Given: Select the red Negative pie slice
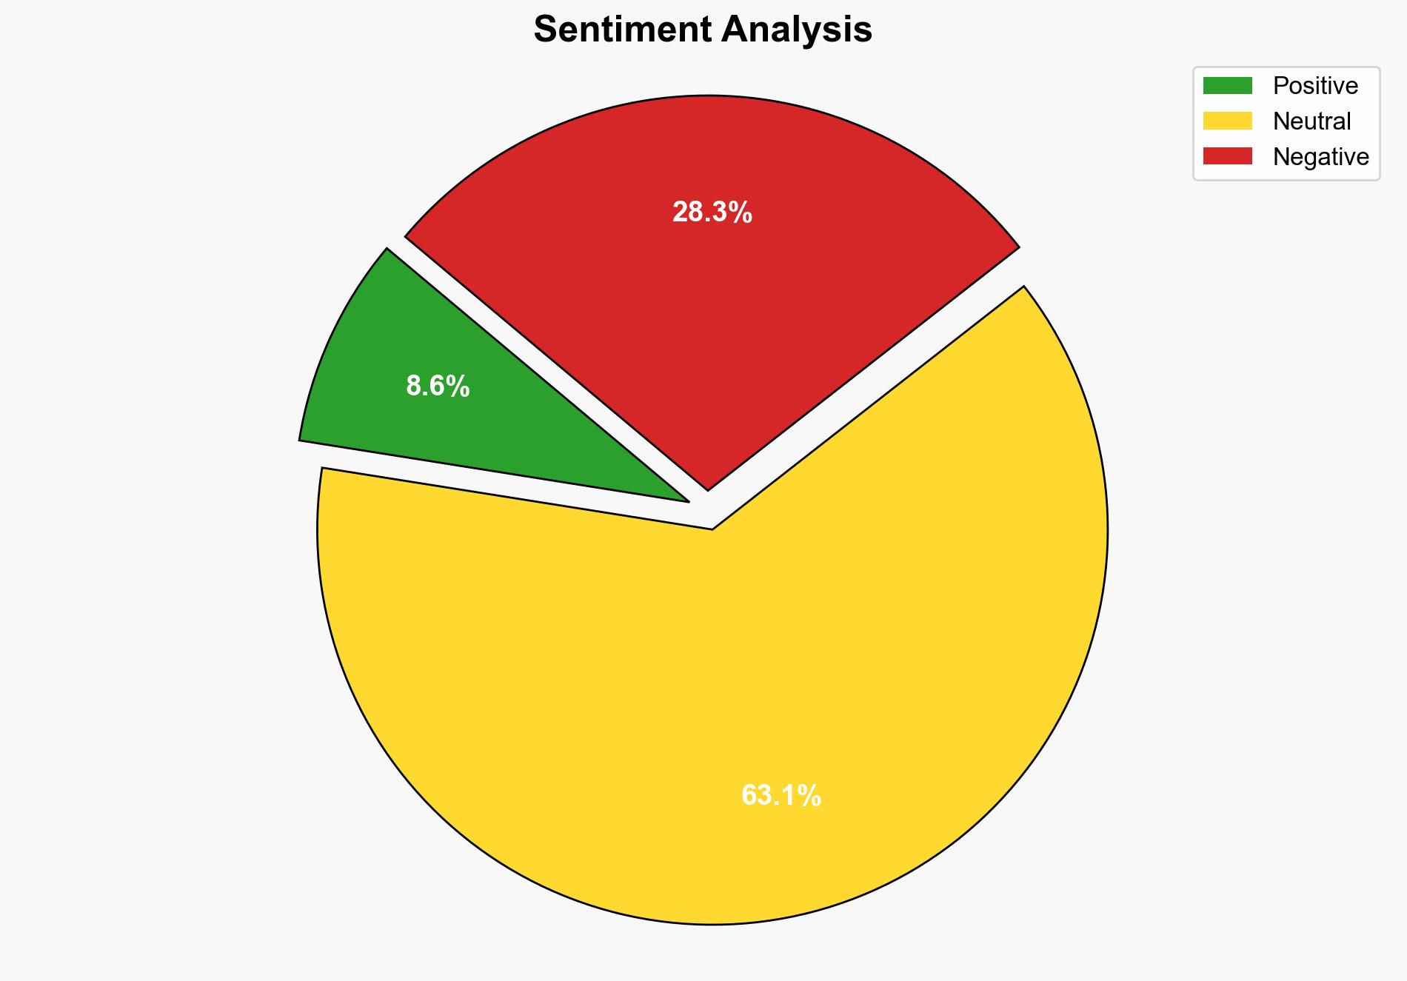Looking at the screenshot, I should [x=711, y=296].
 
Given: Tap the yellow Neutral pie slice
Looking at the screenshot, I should [x=711, y=703].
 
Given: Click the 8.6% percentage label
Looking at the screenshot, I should [x=438, y=386].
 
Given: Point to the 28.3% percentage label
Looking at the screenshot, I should [x=712, y=213].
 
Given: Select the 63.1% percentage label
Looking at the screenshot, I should [x=781, y=796].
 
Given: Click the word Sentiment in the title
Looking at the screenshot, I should [x=622, y=30].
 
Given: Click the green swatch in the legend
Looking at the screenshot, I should [x=1227, y=86].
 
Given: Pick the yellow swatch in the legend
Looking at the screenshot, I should [x=1227, y=121].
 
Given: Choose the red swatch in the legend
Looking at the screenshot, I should [x=1227, y=156].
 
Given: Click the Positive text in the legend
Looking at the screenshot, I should [x=1315, y=86].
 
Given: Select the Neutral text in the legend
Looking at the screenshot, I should [x=1311, y=121].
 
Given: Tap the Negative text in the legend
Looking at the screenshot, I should [x=1320, y=157].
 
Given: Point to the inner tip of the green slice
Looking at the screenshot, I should [x=687, y=501].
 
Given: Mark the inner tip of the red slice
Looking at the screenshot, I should [x=708, y=489].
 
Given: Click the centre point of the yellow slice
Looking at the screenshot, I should [x=712, y=529].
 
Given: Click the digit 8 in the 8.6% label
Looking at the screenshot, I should [x=413, y=386].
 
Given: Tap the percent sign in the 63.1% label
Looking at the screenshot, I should [x=811, y=796].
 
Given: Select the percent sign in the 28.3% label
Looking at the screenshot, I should [x=742, y=213].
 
